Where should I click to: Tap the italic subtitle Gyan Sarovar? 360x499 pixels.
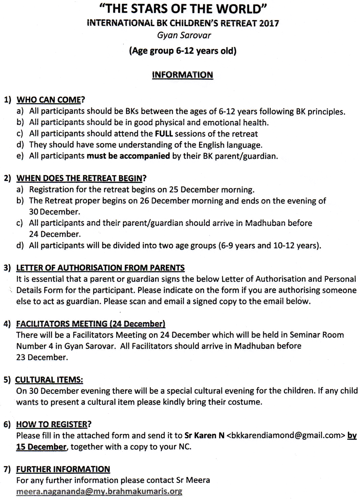pos(184,35)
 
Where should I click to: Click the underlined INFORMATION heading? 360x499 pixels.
pos(183,75)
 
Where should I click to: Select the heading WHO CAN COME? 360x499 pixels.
pos(51,100)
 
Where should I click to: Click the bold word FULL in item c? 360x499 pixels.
pos(164,134)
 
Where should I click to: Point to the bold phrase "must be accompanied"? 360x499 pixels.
pos(128,156)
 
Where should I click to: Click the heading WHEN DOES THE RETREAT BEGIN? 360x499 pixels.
pos(81,178)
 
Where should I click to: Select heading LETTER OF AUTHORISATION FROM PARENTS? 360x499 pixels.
pos(100,268)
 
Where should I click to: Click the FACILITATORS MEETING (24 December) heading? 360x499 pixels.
pos(91,324)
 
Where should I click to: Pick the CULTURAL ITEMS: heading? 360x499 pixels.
pos(49,380)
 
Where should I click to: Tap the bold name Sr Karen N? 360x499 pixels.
pos(204,436)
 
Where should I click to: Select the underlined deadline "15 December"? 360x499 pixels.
pos(41,447)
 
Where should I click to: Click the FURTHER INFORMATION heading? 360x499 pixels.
pos(63,469)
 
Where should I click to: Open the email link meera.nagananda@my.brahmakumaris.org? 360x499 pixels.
pos(99,491)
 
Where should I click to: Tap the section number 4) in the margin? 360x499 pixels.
pos(7,324)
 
